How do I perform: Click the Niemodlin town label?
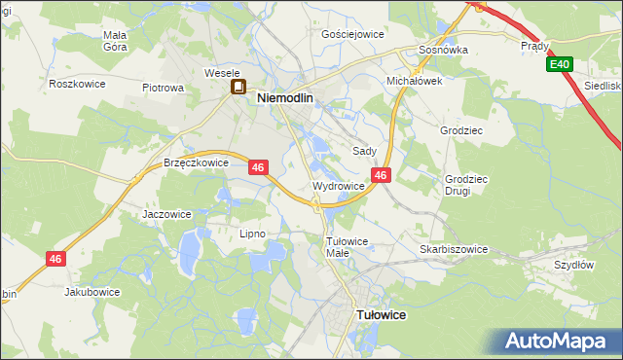pyautogui.click(x=290, y=97)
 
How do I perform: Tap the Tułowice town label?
pyautogui.click(x=382, y=315)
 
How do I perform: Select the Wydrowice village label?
pyautogui.click(x=339, y=186)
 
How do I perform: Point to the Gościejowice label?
pyautogui.click(x=352, y=33)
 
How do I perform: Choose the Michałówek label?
pyautogui.click(x=415, y=82)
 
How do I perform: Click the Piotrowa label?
pyautogui.click(x=163, y=88)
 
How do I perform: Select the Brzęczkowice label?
pyautogui.click(x=196, y=163)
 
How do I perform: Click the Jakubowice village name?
pyautogui.click(x=92, y=291)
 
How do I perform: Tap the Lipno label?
pyautogui.click(x=252, y=234)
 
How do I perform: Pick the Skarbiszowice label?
pyautogui.click(x=454, y=249)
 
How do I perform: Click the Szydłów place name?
pyautogui.click(x=573, y=265)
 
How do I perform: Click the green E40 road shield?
pyautogui.click(x=559, y=65)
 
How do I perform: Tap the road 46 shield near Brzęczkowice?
pyautogui.click(x=258, y=167)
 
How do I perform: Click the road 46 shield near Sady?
pyautogui.click(x=381, y=175)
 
